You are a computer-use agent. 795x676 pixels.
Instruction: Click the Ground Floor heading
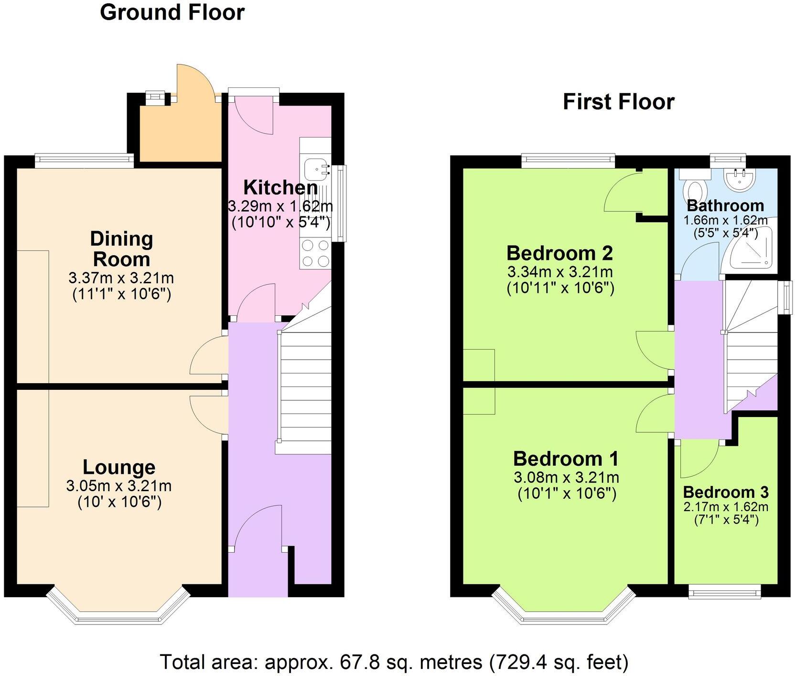(172, 12)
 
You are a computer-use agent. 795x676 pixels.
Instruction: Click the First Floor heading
(618, 102)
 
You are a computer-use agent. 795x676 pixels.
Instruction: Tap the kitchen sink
(315, 167)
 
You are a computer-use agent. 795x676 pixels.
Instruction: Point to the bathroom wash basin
(740, 178)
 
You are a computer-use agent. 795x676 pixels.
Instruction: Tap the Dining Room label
(121, 249)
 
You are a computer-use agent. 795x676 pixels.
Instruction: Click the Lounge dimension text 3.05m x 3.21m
(119, 486)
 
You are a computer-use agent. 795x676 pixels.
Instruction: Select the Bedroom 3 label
(725, 492)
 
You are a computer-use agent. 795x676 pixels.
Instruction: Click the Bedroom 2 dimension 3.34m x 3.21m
(560, 273)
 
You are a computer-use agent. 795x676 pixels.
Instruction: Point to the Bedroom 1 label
(566, 459)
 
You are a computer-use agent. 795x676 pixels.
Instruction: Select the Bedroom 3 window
(724, 593)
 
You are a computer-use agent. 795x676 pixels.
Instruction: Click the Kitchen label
(280, 188)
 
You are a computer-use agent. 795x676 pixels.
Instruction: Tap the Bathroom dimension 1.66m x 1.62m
(725, 220)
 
